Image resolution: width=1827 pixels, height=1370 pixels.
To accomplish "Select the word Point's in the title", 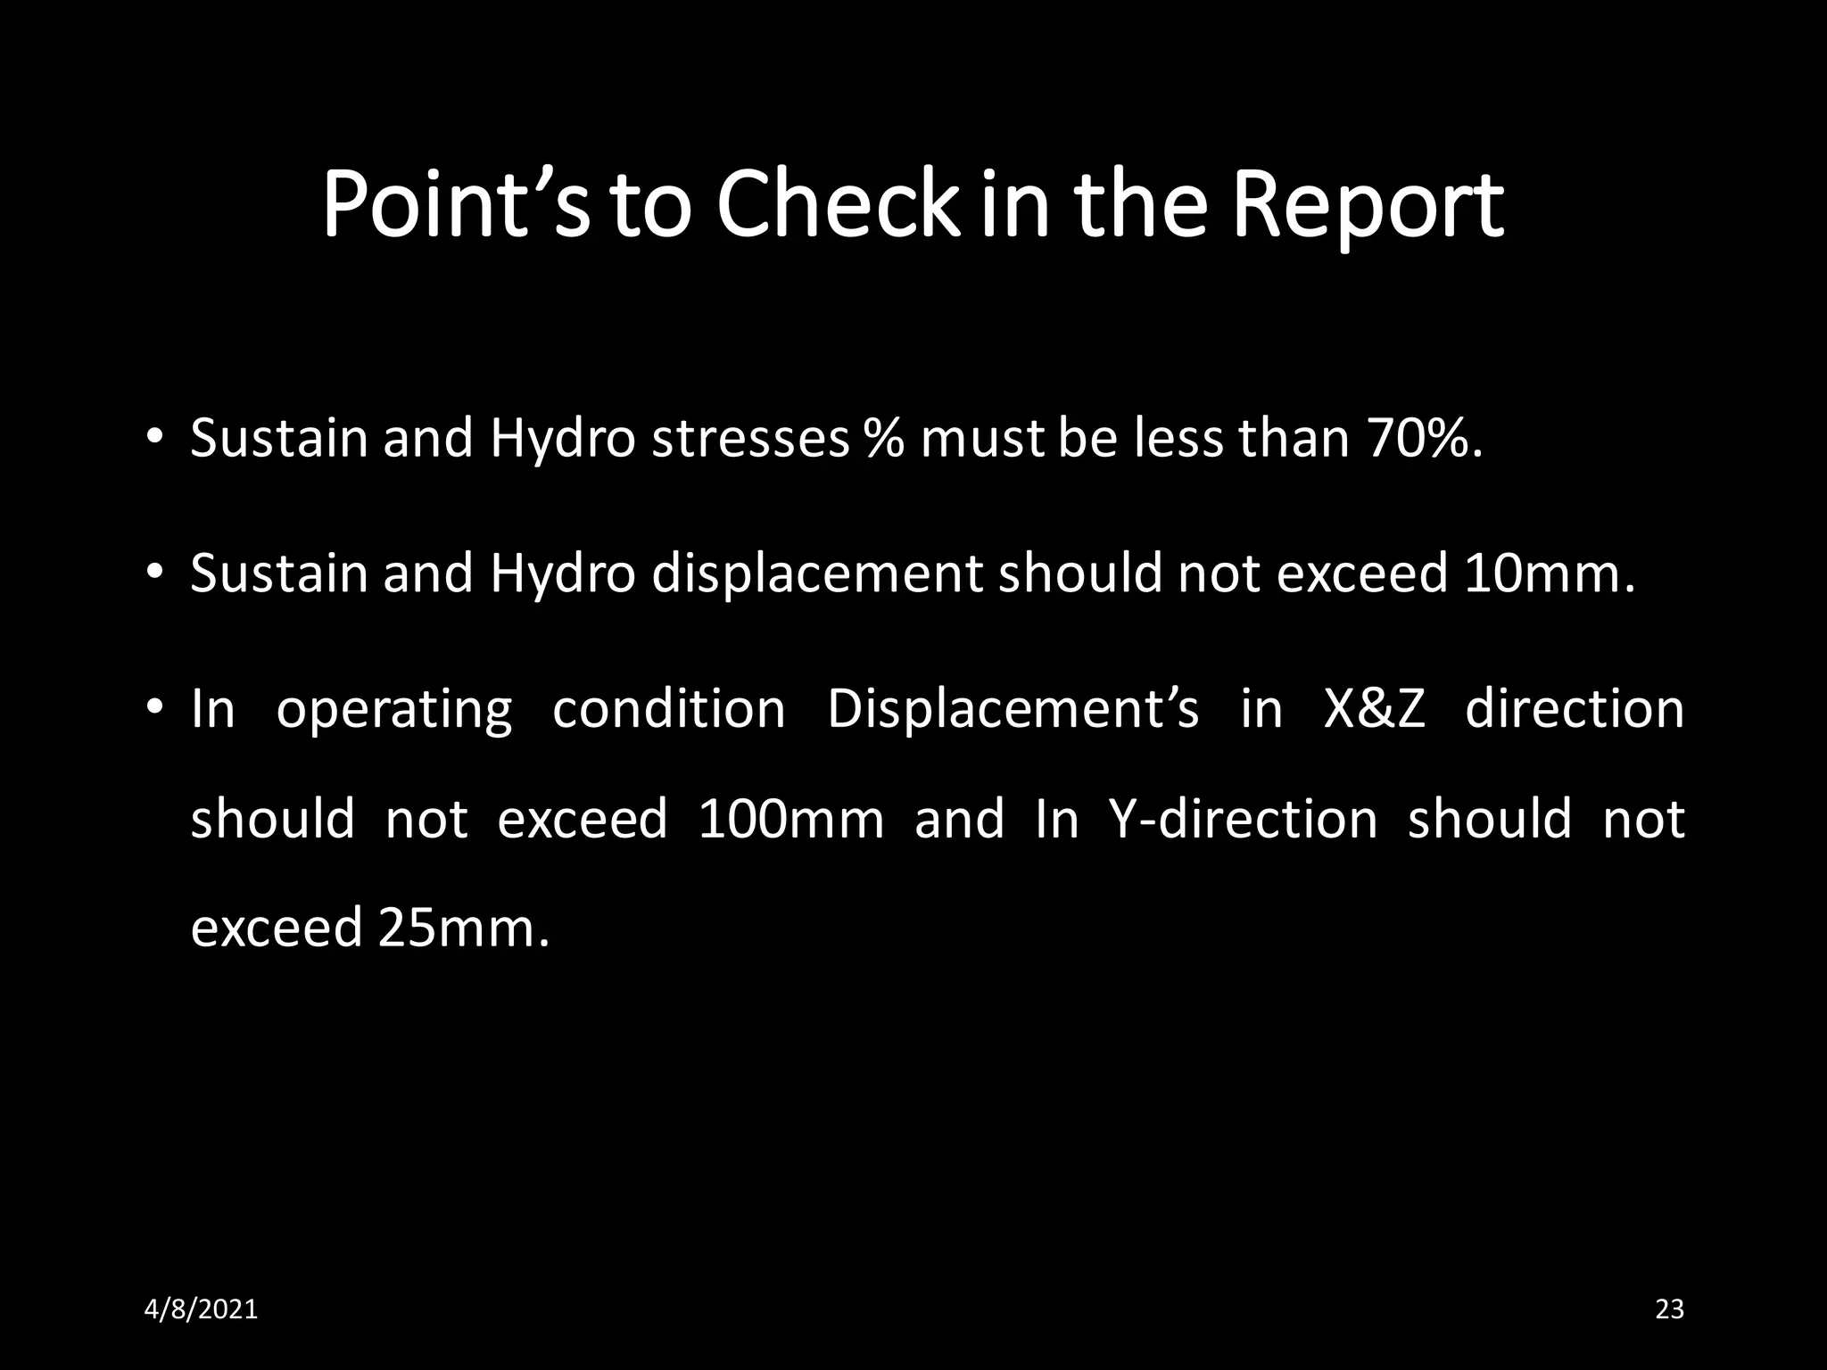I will tap(455, 207).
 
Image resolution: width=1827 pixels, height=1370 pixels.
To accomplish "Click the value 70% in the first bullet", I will tap(1423, 439).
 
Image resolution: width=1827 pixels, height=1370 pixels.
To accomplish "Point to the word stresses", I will tap(750, 439).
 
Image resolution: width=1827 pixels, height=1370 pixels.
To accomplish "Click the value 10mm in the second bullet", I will tap(1549, 573).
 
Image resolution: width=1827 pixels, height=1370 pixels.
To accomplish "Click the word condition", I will tap(669, 709).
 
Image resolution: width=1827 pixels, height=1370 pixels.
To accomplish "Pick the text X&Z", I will tap(1374, 709).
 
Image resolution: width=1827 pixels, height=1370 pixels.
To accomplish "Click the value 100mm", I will tap(790, 819).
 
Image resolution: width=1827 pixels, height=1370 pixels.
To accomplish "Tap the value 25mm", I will tap(462, 928).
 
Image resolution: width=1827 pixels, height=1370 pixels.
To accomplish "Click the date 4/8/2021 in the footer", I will tap(201, 1309).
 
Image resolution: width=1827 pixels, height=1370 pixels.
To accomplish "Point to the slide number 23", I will tap(1669, 1309).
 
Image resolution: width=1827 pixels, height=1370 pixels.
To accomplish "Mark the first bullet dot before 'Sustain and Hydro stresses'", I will tap(154, 438).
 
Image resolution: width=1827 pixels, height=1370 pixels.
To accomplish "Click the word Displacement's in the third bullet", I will tap(1013, 709).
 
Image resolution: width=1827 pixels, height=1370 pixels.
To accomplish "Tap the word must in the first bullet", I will tap(981, 439).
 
